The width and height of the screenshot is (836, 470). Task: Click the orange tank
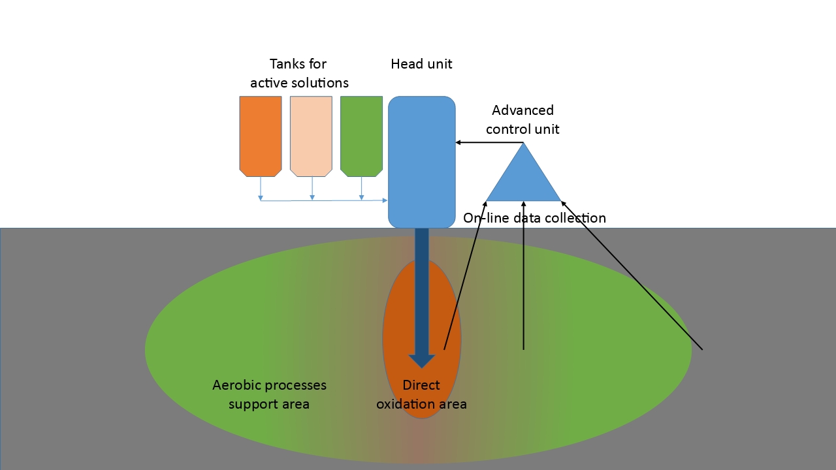click(x=261, y=136)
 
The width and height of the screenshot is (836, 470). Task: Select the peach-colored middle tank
click(x=311, y=136)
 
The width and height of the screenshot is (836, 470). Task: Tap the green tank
click(x=361, y=136)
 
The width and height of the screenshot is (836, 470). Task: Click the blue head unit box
click(x=421, y=162)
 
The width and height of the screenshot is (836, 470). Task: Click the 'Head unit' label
click(x=421, y=64)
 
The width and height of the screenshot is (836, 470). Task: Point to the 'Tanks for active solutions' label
click(x=299, y=73)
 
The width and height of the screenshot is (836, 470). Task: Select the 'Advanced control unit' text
click(x=522, y=119)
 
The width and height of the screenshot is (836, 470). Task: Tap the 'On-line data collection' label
click(x=534, y=218)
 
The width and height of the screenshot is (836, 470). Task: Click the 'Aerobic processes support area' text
click(x=269, y=394)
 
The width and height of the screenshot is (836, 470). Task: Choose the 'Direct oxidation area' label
click(x=421, y=394)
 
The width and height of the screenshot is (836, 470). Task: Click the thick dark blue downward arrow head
click(x=422, y=360)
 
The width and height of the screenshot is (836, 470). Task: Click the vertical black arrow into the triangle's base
click(x=523, y=274)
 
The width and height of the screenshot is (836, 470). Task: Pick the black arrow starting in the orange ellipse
click(x=465, y=274)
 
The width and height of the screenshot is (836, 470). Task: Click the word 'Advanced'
click(x=522, y=110)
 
